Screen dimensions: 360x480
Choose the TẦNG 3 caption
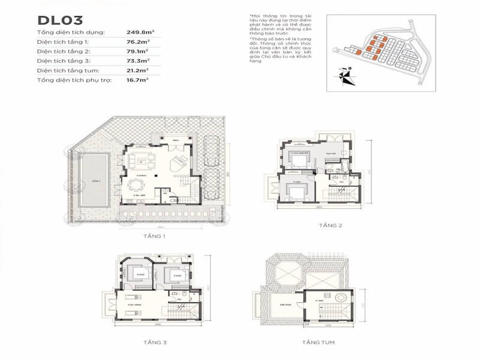(155, 342)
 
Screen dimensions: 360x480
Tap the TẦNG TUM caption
(319, 342)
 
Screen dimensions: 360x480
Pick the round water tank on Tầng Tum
(340, 298)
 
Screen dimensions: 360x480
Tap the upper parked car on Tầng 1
(211, 147)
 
